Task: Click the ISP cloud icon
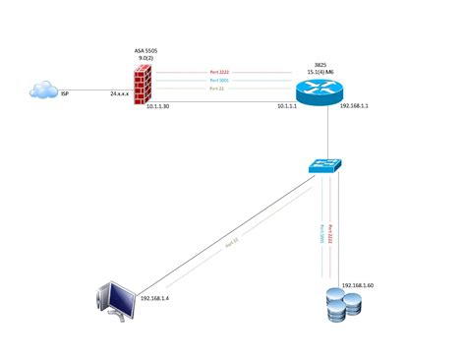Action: click(x=43, y=91)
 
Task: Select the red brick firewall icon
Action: click(x=146, y=84)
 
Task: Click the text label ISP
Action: click(x=66, y=95)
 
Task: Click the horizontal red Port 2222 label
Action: click(x=221, y=71)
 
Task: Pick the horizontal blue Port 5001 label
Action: click(x=221, y=80)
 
